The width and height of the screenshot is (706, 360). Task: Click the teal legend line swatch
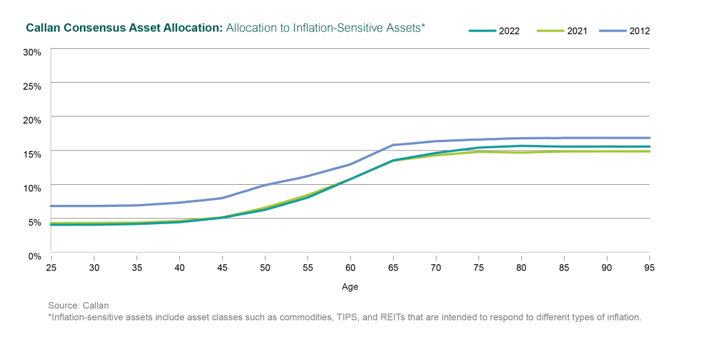click(483, 31)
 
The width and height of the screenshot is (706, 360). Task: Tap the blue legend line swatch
click(612, 31)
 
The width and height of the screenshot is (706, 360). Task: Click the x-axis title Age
click(350, 286)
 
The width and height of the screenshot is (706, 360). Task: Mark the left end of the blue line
click(52, 206)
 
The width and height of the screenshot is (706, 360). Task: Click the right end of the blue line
click(649, 138)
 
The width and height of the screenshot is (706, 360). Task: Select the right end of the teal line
click(649, 146)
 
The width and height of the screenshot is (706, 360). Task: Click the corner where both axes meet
click(52, 252)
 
